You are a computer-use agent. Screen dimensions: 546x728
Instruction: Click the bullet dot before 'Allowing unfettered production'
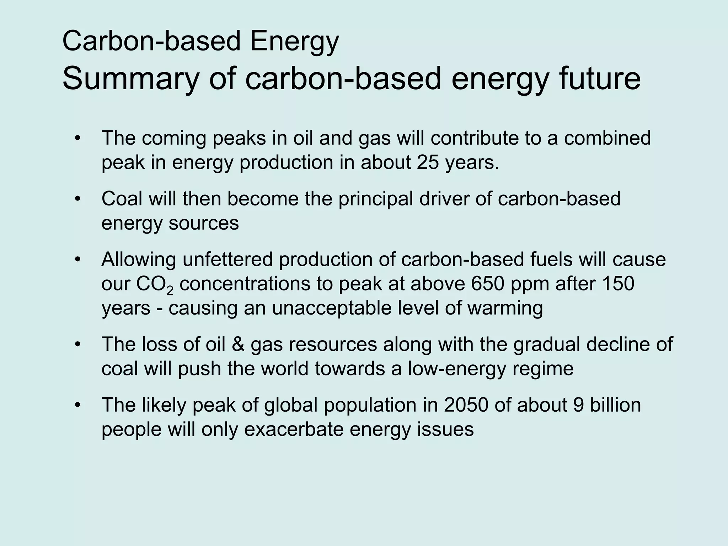point(78,260)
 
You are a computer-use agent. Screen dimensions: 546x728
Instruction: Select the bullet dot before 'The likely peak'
point(78,405)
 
